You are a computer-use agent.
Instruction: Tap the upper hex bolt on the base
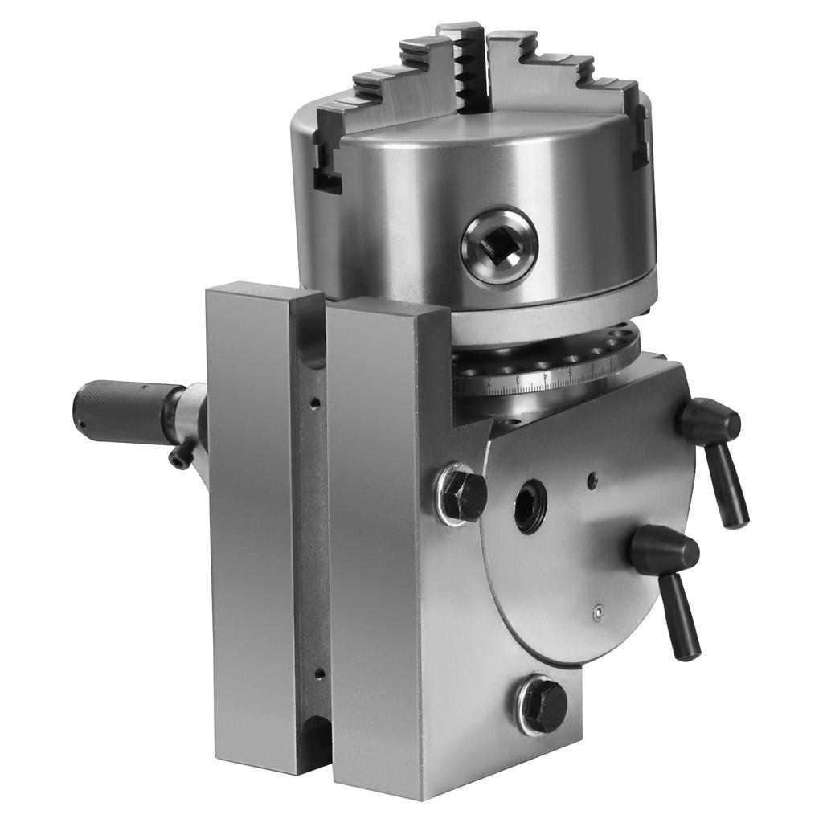pyautogui.click(x=464, y=493)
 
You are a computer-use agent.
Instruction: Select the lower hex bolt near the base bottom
pyautogui.click(x=543, y=706)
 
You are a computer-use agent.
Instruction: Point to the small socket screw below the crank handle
pyautogui.click(x=180, y=455)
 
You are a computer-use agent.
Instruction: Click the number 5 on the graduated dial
pyautogui.click(x=570, y=372)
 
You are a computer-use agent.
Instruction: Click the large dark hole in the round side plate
pyautogui.click(x=530, y=506)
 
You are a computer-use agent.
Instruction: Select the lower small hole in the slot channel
pyautogui.click(x=319, y=674)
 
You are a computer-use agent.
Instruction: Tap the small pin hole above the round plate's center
pyautogui.click(x=592, y=481)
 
